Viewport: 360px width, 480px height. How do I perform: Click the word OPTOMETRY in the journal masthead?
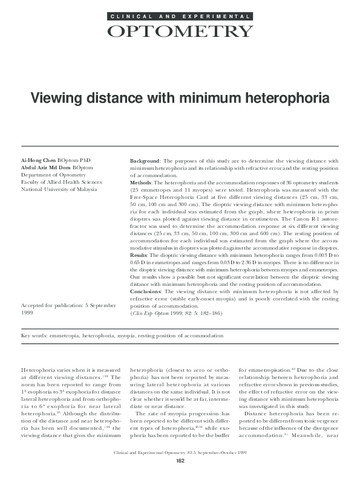[x=180, y=31]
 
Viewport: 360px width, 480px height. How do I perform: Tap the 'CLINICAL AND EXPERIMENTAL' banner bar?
[x=180, y=16]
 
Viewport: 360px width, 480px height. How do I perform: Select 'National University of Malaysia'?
[x=59, y=189]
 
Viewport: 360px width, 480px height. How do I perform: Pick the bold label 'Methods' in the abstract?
[x=142, y=182]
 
